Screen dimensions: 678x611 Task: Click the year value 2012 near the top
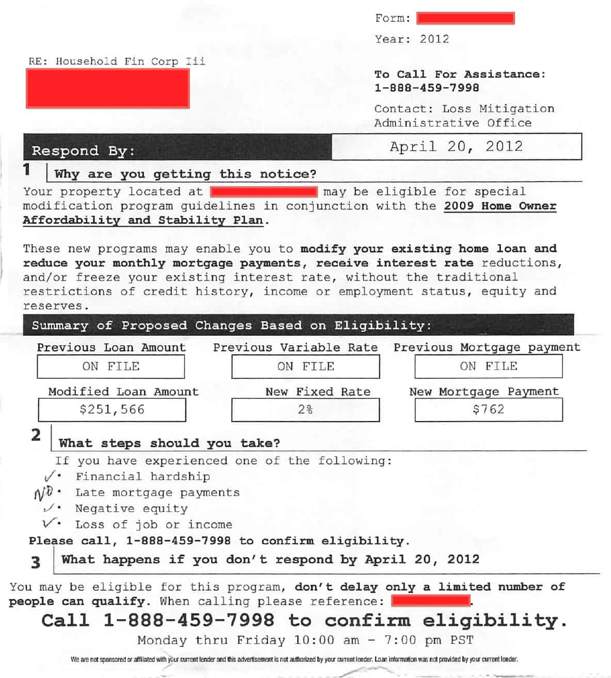(x=434, y=39)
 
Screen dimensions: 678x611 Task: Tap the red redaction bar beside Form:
(x=465, y=19)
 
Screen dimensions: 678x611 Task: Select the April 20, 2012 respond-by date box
(x=456, y=147)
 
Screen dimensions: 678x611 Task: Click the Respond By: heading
(x=83, y=151)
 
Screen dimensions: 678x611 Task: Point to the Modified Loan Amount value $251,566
(x=112, y=410)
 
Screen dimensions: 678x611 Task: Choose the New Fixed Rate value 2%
(x=305, y=410)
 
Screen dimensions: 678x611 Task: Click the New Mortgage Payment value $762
(x=488, y=410)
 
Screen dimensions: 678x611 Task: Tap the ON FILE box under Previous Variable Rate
(x=305, y=366)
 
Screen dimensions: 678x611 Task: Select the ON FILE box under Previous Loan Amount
(x=111, y=366)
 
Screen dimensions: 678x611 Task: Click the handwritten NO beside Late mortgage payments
(x=43, y=493)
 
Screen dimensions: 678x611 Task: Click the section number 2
(x=36, y=435)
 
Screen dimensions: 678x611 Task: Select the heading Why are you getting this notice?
(x=185, y=174)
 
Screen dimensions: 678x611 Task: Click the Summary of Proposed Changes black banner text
(x=231, y=326)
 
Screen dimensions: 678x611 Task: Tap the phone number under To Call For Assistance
(x=426, y=88)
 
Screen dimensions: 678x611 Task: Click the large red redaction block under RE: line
(x=108, y=89)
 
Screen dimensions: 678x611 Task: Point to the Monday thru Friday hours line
(x=305, y=640)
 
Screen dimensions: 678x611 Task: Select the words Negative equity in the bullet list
(x=132, y=509)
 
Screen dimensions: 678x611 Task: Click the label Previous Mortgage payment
(x=487, y=347)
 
